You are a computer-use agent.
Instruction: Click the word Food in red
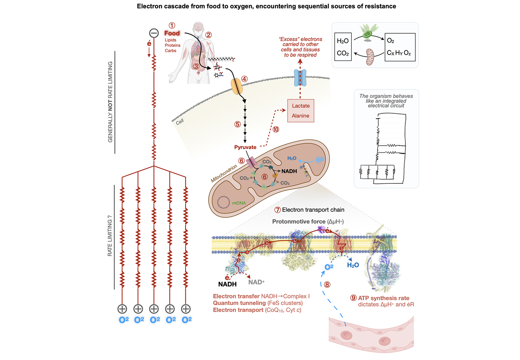pyautogui.click(x=172, y=33)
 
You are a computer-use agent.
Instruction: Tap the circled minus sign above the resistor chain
pyautogui.click(x=154, y=33)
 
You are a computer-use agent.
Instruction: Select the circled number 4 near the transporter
pyautogui.click(x=245, y=78)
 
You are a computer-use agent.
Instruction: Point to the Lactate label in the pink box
pyautogui.click(x=300, y=106)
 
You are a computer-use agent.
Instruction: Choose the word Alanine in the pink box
pyautogui.click(x=300, y=116)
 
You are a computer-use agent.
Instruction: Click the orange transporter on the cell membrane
pyautogui.click(x=236, y=85)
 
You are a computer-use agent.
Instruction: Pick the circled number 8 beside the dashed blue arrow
pyautogui.click(x=327, y=285)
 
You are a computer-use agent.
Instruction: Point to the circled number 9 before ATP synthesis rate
pyautogui.click(x=353, y=298)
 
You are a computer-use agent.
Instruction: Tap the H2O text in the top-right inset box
pyautogui.click(x=342, y=41)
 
